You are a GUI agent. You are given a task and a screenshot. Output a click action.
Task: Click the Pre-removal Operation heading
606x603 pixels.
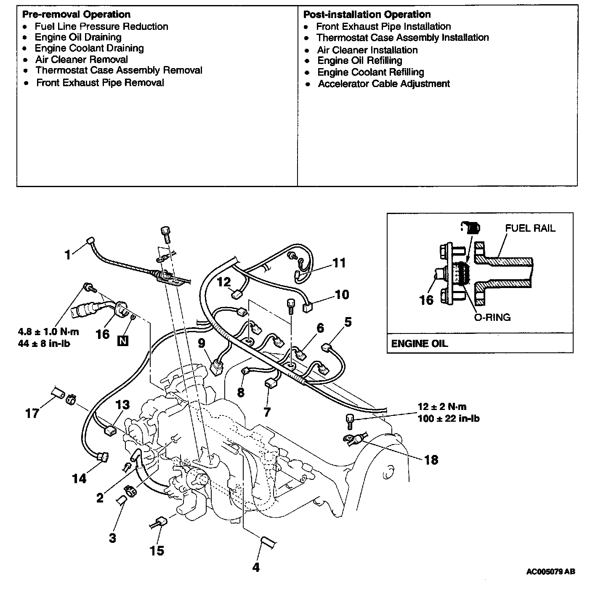coord(76,15)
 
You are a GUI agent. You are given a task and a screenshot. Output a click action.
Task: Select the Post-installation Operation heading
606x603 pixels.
coord(367,15)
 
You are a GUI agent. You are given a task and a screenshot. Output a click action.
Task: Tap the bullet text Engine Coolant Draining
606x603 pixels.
coord(89,48)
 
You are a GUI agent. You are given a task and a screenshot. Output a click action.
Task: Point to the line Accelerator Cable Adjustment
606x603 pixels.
coord(384,84)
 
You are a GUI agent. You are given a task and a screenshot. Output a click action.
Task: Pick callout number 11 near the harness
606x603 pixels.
coord(339,263)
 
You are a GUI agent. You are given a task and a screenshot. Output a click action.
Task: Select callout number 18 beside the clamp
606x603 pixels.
coord(431,460)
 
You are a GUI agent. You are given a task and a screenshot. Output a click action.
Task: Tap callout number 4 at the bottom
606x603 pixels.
coord(256,567)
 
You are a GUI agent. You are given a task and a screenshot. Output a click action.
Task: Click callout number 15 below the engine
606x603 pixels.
coord(157,550)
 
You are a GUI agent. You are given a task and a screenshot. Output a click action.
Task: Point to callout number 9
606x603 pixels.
coord(202,344)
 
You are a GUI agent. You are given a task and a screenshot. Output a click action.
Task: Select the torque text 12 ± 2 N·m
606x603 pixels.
coord(442,407)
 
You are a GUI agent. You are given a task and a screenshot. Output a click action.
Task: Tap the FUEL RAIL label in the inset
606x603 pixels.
coord(530,228)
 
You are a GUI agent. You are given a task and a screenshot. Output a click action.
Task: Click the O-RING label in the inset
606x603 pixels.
coord(492,317)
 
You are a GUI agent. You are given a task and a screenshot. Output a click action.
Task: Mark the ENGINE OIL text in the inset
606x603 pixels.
coord(419,344)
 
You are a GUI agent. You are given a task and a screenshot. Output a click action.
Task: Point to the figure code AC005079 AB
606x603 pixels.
coord(550,571)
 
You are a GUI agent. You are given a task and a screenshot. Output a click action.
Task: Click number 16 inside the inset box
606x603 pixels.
coord(426,300)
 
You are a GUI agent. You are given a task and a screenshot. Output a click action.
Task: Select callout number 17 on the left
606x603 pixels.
coord(32,413)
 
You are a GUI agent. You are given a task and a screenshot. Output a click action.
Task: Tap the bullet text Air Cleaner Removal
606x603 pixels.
coord(82,60)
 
